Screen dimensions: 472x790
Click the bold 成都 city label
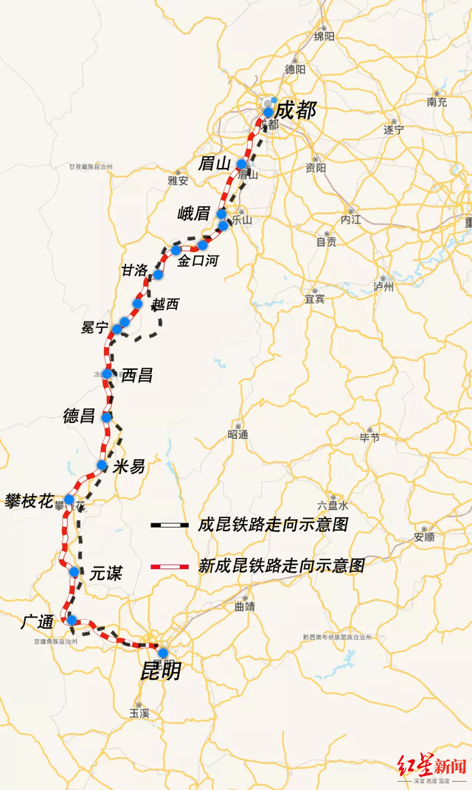[294, 111]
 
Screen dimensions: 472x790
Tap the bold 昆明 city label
[161, 671]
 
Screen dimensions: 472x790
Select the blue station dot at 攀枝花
[69, 500]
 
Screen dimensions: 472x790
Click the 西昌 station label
[136, 375]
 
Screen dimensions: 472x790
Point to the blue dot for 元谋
[74, 572]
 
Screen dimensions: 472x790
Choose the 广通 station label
[37, 622]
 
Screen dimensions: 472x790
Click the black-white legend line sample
[170, 525]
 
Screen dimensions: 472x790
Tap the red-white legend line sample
[170, 567]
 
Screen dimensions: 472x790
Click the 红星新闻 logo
[432, 766]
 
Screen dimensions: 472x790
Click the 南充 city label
[437, 102]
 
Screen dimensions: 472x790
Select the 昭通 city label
[238, 435]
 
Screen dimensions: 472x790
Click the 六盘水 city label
[333, 506]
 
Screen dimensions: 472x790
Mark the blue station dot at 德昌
[107, 417]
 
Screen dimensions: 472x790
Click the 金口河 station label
[198, 260]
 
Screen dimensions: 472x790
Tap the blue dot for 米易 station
[103, 465]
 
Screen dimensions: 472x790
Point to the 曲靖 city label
[243, 607]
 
